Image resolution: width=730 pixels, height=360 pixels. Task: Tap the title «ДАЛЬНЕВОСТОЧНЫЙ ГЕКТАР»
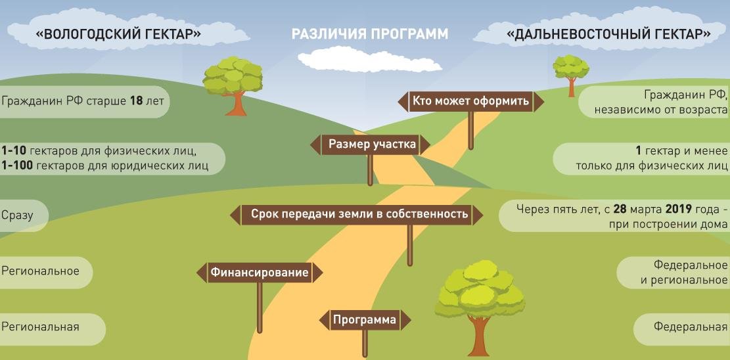click(608, 34)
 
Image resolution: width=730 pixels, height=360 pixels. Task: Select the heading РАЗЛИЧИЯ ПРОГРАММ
click(370, 34)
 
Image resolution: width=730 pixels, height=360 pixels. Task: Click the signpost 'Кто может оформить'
click(470, 102)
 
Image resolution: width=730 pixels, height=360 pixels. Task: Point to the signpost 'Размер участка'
click(370, 145)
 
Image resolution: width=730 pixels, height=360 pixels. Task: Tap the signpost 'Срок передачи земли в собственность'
click(357, 215)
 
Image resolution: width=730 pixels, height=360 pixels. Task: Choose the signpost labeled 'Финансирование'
click(260, 273)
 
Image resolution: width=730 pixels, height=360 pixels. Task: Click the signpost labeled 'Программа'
click(365, 320)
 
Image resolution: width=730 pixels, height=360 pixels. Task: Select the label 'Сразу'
click(17, 215)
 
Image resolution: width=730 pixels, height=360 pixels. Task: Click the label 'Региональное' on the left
click(40, 271)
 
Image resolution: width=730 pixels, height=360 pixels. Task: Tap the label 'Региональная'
click(40, 327)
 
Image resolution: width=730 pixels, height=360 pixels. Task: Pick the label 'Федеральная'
click(691, 327)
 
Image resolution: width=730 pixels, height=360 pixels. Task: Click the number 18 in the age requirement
click(136, 101)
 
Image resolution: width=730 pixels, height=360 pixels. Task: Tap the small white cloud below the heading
click(369, 59)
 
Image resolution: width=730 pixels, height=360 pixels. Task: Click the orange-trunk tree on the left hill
click(233, 85)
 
